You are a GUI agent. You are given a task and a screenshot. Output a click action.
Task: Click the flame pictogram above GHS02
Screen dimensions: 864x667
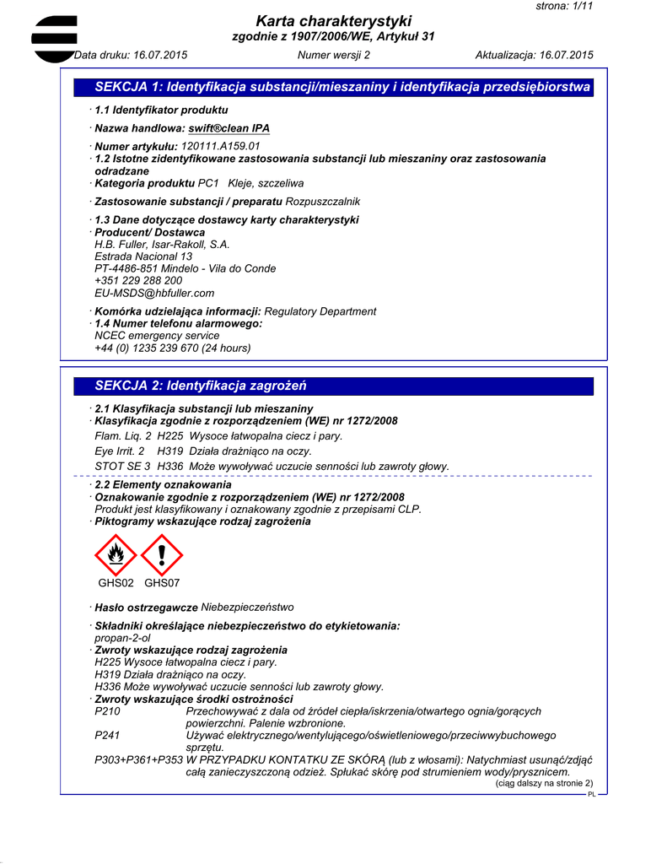click(116, 555)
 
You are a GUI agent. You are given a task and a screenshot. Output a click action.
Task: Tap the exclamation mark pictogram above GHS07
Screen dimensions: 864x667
click(162, 555)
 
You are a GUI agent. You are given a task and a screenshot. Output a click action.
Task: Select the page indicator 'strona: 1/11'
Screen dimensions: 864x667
click(565, 6)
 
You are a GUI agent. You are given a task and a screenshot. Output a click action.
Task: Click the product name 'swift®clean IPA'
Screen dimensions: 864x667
click(229, 128)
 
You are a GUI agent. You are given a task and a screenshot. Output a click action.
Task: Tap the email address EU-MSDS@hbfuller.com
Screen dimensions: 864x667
click(154, 293)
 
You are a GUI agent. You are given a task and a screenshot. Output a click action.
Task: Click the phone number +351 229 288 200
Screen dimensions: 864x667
click(138, 281)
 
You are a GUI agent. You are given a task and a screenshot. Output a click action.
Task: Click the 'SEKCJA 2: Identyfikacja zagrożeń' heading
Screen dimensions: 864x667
click(201, 386)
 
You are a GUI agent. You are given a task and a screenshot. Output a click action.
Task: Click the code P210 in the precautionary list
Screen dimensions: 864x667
click(109, 712)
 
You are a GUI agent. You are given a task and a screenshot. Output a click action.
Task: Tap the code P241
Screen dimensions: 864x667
click(109, 736)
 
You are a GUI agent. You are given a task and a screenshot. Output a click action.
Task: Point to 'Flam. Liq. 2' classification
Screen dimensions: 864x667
click(123, 436)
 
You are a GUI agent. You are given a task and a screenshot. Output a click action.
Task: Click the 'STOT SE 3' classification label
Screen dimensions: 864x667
click(122, 466)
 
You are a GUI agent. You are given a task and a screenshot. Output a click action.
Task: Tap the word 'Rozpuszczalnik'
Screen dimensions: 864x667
click(323, 202)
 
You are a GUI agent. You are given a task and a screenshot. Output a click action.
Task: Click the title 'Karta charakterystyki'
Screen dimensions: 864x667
click(334, 21)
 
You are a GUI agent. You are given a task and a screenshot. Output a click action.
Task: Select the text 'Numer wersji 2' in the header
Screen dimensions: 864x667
click(334, 56)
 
